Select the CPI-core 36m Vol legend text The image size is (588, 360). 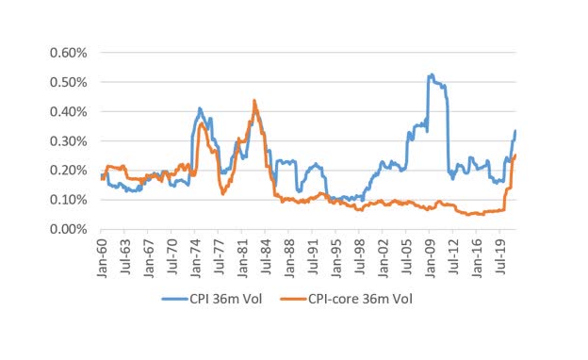[367, 300]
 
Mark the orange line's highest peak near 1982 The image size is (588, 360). [254, 100]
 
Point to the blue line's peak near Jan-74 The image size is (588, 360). [200, 108]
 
